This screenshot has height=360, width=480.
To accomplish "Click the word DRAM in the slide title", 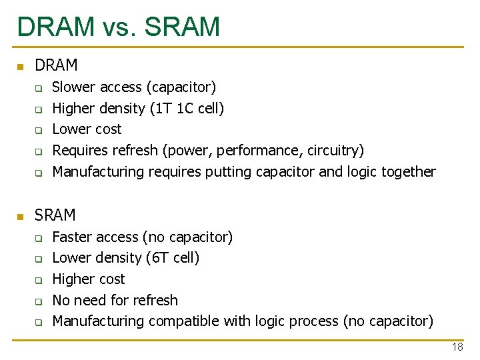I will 56,27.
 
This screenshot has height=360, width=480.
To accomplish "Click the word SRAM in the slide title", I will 182,27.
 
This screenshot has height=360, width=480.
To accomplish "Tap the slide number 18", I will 457,347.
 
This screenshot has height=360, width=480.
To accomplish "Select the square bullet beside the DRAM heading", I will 20,67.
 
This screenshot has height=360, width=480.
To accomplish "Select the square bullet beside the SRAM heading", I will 20,217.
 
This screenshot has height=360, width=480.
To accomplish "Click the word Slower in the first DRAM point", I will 73,87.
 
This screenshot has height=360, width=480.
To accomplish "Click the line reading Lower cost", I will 87,129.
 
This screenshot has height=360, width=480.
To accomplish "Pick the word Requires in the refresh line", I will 79,151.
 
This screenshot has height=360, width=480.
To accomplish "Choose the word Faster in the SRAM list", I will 72,237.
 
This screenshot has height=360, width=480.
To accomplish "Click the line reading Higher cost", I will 88,279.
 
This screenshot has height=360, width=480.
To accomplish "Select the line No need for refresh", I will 115,300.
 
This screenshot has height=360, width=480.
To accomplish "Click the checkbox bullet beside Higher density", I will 39,109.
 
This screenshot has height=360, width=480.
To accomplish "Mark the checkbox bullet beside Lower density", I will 39,259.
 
